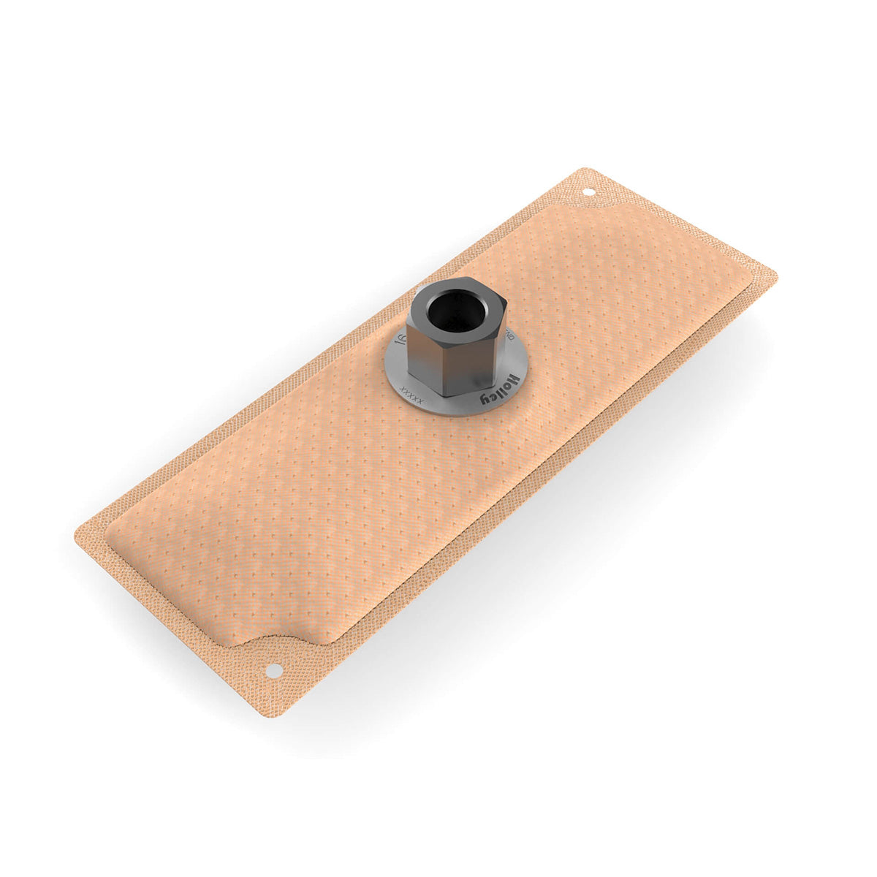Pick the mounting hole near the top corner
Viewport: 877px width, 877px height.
[588, 193]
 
